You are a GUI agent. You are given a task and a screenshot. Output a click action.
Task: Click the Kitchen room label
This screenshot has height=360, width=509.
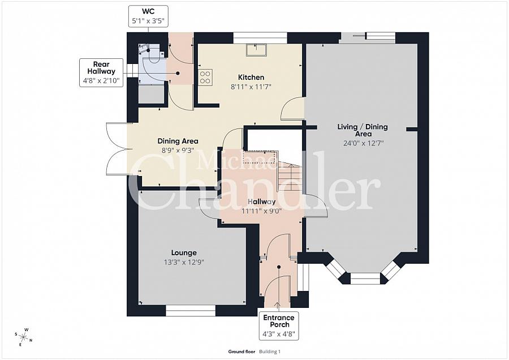(251, 78)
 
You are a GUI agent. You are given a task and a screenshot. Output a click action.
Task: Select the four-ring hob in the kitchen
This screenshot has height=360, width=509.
(205, 77)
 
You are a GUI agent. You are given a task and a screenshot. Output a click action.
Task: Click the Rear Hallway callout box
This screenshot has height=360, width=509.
(102, 72)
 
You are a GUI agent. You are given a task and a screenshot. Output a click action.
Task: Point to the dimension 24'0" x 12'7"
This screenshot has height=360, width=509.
(363, 143)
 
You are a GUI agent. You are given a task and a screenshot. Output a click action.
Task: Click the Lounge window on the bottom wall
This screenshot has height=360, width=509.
(191, 310)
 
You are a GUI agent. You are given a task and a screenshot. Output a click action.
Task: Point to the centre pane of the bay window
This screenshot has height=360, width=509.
(365, 278)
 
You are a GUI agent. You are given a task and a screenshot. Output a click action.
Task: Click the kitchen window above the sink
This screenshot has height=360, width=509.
(260, 38)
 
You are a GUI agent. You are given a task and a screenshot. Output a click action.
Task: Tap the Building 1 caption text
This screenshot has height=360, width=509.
(270, 352)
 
